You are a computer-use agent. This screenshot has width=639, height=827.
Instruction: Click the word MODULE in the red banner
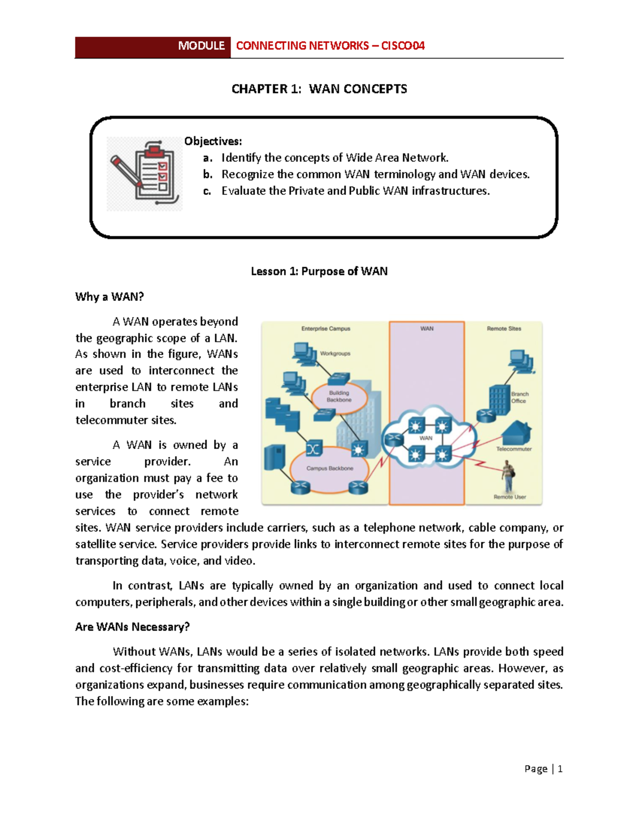[x=201, y=46]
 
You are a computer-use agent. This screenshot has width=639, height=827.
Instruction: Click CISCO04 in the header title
[x=403, y=46]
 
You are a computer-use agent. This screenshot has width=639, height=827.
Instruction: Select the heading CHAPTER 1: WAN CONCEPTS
[x=319, y=89]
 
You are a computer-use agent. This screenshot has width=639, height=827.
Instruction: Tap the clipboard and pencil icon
[x=144, y=174]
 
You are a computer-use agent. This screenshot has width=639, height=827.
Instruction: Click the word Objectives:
[x=213, y=141]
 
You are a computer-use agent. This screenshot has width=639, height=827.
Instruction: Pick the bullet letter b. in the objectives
[x=208, y=175]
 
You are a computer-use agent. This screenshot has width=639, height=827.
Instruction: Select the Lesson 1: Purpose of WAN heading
[x=319, y=272]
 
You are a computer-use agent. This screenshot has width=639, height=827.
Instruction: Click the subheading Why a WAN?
[x=110, y=297]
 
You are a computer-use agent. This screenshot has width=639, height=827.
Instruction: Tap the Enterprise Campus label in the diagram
[x=325, y=329]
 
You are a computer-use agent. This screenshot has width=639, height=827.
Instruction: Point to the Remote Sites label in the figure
[x=504, y=329]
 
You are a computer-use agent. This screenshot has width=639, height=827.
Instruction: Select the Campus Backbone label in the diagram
[x=330, y=469]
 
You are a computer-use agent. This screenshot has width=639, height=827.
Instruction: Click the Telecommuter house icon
[x=516, y=432]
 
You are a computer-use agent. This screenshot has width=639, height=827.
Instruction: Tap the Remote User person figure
[x=508, y=477]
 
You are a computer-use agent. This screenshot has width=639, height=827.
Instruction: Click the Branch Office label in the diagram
[x=519, y=398]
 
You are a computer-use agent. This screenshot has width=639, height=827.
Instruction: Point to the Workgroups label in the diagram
[x=335, y=354]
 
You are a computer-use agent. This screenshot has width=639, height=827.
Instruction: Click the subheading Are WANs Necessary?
[x=132, y=627]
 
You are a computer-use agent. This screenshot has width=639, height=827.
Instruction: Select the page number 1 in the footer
[x=560, y=769]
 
